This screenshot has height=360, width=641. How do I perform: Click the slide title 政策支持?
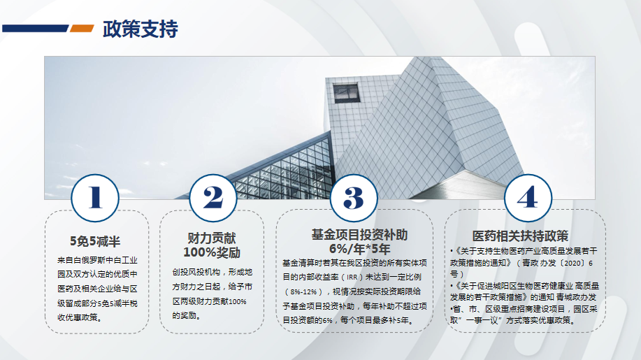(141, 29)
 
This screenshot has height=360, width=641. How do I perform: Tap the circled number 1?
(95, 199)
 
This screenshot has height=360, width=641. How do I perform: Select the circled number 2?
(213, 199)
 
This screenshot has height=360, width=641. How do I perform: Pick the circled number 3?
(354, 199)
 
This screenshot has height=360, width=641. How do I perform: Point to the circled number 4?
(528, 199)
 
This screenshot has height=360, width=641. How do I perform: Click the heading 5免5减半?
(95, 241)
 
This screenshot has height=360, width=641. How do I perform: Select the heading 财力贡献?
(212, 238)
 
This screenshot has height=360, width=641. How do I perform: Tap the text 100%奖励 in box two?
(212, 252)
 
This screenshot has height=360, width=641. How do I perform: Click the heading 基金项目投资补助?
(360, 235)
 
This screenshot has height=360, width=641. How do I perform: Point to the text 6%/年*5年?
(360, 249)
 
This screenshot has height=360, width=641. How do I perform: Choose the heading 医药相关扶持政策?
(520, 236)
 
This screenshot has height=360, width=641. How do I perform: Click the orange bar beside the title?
(82, 28)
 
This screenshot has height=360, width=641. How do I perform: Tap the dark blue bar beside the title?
(35, 28)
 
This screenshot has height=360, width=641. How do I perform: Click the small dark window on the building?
(346, 93)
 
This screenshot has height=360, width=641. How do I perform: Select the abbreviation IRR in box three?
(352, 278)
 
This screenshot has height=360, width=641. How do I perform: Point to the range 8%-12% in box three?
(304, 291)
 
